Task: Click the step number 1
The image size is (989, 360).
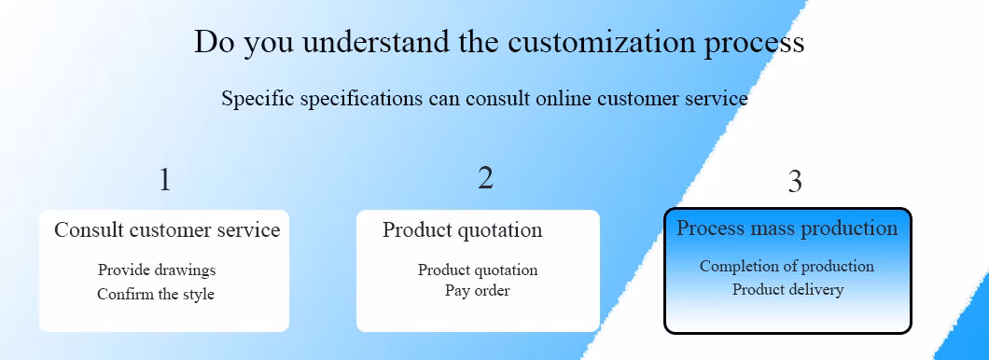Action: coord(164,180)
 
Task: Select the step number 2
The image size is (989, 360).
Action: coord(485,178)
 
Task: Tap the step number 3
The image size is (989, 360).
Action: coord(795,182)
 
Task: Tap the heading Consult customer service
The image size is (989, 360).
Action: coord(167,229)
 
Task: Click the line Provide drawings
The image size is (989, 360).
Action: coord(157,270)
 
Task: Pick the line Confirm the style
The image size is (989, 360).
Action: coord(156,294)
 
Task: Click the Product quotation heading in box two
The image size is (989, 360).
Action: coord(463,230)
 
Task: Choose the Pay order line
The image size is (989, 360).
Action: coord(478,291)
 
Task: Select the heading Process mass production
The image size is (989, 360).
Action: coord(787,228)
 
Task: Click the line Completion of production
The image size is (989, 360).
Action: coord(787,266)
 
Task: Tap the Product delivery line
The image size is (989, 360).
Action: coord(787,289)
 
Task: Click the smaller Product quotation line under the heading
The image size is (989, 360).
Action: coord(478,270)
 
